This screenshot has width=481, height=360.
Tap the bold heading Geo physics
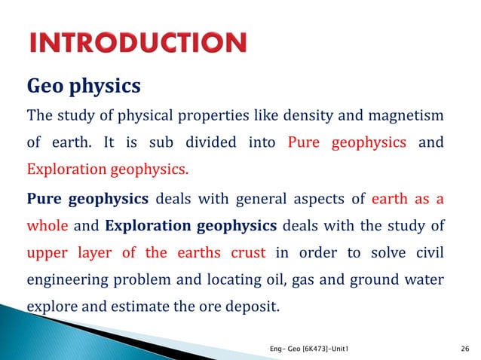pos(84,86)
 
